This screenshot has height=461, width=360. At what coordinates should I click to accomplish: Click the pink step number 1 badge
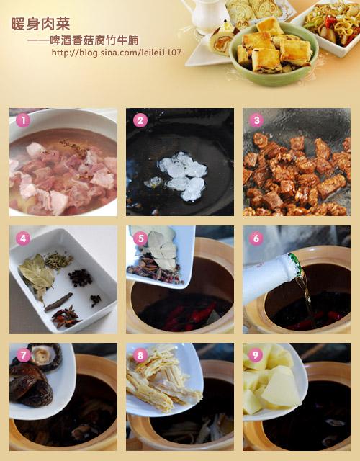(23, 120)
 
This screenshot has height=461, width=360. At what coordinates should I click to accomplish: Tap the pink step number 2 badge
(140, 120)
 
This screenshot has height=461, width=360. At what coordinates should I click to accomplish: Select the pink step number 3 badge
(256, 120)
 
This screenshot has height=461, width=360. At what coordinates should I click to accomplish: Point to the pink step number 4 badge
(23, 238)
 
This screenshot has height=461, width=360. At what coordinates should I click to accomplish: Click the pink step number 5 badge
(140, 238)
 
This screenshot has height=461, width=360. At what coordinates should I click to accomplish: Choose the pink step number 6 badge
(256, 238)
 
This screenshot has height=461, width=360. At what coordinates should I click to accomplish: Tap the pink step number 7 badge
(23, 355)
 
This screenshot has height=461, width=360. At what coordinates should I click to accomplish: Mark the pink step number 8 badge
(140, 355)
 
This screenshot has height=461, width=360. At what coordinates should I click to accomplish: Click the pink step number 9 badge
(256, 355)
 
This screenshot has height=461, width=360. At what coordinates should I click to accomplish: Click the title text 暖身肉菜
(40, 24)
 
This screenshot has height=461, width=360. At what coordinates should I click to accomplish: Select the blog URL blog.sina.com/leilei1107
(117, 53)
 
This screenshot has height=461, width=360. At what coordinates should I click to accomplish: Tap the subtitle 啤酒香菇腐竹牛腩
(94, 40)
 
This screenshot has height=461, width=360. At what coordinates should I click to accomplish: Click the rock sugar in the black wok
(180, 175)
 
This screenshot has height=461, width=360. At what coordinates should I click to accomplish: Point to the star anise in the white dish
(66, 317)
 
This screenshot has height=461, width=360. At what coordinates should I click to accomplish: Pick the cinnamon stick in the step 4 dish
(59, 302)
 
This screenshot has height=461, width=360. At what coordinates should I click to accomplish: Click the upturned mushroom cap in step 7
(45, 357)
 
